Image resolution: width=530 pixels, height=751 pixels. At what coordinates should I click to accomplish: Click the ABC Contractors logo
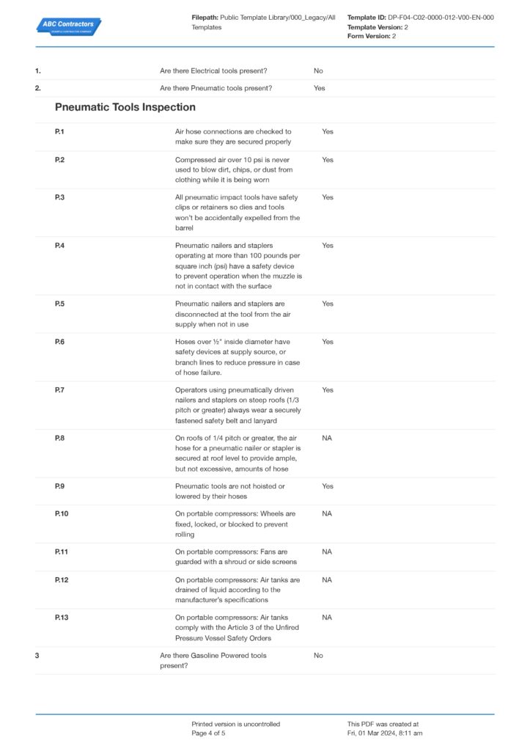(69, 26)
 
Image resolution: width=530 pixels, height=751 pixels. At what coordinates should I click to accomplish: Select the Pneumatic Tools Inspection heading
(125, 107)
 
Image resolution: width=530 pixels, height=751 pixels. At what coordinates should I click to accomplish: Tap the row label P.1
(59, 132)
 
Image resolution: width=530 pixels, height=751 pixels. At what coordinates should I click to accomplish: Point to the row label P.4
(59, 246)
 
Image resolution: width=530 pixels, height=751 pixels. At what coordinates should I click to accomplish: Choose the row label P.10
(62, 514)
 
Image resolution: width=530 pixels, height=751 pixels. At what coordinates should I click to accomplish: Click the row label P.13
(62, 618)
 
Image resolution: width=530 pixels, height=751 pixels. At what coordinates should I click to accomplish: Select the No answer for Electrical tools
(318, 71)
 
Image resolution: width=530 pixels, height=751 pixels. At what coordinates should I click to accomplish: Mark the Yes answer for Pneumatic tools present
(320, 89)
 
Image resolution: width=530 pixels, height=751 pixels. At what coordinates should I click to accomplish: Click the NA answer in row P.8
(327, 438)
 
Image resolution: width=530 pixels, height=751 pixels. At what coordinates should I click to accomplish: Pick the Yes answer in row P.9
(328, 486)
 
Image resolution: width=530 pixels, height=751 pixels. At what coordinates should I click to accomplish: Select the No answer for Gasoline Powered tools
(318, 656)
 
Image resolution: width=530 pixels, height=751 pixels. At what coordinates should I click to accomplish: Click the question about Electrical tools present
(213, 71)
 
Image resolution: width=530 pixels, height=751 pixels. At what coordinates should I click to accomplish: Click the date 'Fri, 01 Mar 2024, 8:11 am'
(385, 733)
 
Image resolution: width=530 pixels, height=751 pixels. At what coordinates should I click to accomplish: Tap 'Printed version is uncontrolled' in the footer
(236, 724)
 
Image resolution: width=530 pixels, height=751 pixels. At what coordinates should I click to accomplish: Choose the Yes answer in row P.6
(328, 342)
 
